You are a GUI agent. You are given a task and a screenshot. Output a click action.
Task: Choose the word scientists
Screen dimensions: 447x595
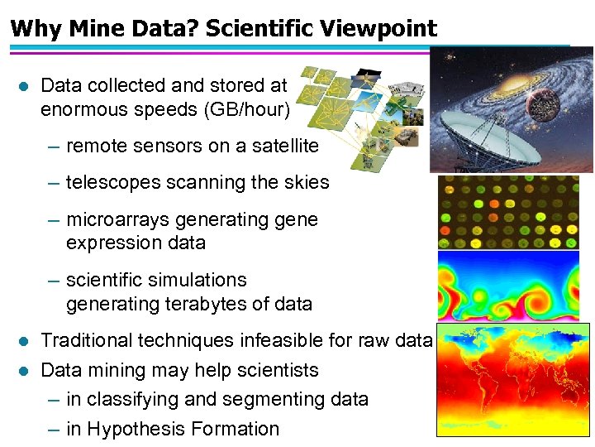pyautogui.click(x=277, y=370)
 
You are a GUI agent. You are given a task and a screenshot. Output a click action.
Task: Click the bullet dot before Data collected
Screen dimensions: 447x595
pyautogui.click(x=23, y=85)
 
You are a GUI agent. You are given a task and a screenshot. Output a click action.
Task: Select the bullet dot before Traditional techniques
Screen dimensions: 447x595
pyautogui.click(x=23, y=341)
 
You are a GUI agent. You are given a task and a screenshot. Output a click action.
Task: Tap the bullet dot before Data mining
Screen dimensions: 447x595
pyautogui.click(x=23, y=371)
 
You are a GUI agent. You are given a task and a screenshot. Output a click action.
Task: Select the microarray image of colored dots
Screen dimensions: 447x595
pyautogui.click(x=507, y=212)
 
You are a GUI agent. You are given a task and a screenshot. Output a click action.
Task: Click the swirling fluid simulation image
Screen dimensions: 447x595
pyautogui.click(x=507, y=286)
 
